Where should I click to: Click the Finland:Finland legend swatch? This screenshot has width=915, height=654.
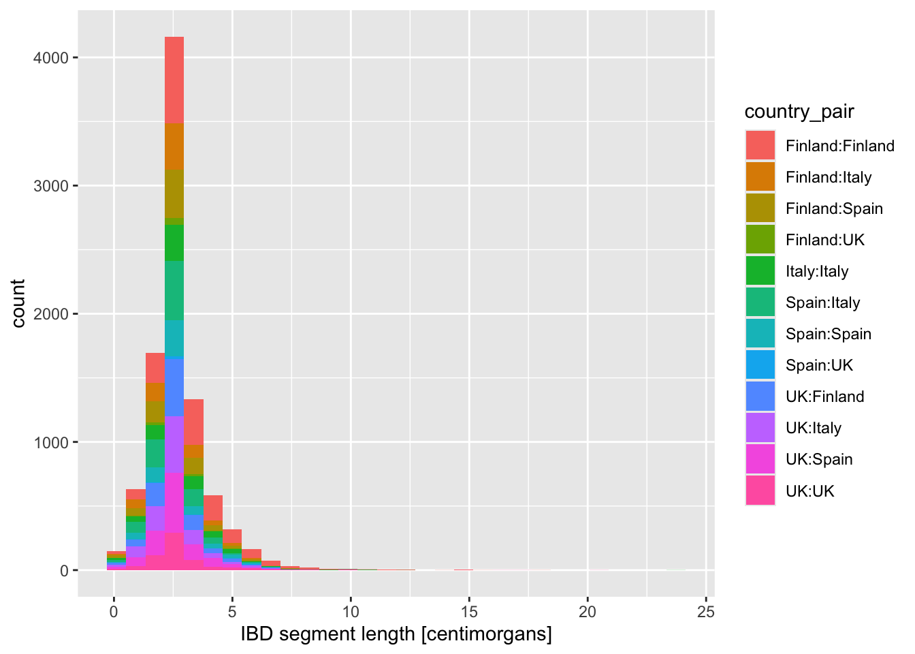760,146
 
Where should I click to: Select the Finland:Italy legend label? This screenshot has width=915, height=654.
828,177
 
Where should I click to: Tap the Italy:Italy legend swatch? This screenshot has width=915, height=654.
760,271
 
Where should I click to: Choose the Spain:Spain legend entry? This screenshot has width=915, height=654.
828,334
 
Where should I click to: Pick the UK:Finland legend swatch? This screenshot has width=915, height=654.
760,396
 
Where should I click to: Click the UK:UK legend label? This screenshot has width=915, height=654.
809,491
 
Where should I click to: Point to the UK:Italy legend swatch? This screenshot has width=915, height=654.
760,428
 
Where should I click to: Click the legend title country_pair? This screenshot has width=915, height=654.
799,112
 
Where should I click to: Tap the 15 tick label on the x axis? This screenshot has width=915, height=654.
469,612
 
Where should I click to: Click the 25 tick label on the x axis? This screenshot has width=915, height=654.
706,612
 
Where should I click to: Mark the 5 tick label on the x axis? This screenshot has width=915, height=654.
232,612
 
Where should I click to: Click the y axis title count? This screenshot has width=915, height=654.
18,303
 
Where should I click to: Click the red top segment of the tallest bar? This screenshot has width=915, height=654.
174,80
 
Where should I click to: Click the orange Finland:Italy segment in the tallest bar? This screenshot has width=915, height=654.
174,146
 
